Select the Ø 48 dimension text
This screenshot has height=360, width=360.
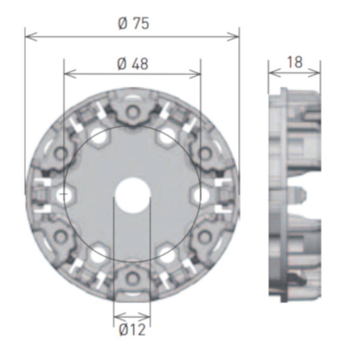[x=133, y=63]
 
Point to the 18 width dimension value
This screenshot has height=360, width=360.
[x=295, y=62]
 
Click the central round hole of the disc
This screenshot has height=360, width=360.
[x=133, y=194]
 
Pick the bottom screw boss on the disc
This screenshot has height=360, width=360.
[x=133, y=277]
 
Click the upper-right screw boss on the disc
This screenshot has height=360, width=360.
[x=204, y=153]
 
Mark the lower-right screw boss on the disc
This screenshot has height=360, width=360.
[x=204, y=236]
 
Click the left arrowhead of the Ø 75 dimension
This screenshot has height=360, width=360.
[x=28, y=37]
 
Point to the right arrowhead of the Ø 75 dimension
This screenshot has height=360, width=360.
[x=236, y=37]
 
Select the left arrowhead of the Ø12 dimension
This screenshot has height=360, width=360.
[x=116, y=316]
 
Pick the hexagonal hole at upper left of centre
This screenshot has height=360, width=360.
[x=99, y=136]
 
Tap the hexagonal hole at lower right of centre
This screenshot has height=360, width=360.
[x=166, y=253]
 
